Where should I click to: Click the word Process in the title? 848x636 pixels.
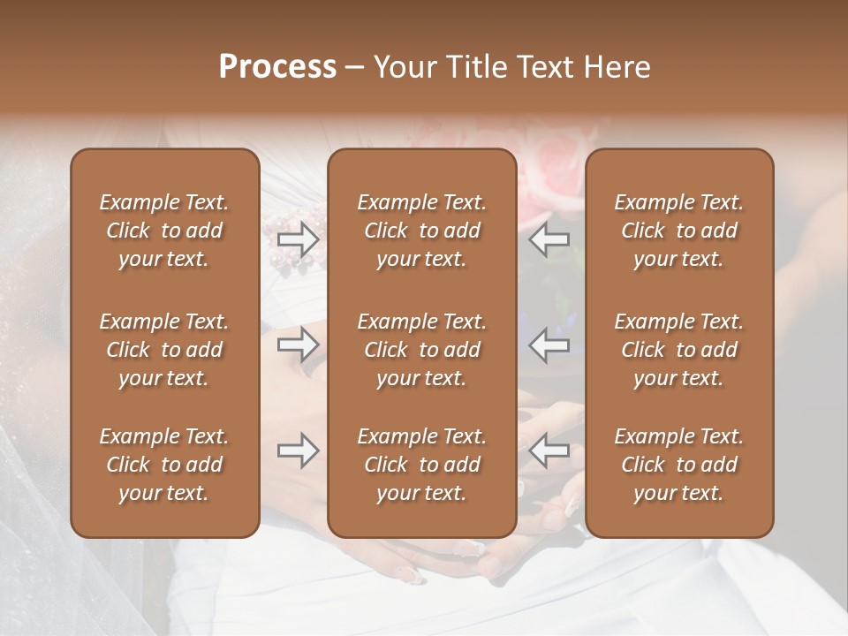coord(277,67)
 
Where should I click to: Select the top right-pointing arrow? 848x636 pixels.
coord(298,239)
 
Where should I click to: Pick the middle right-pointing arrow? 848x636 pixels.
coord(298,344)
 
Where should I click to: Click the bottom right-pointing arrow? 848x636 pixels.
coord(298,451)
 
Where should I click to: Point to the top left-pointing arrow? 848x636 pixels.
coord(549,239)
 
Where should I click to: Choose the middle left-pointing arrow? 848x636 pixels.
coord(549,344)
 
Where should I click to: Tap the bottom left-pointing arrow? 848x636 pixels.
coord(549,451)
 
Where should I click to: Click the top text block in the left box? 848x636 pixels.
coord(164,231)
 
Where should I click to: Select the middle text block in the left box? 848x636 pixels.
coord(164,350)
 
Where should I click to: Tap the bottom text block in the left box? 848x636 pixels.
coord(164,465)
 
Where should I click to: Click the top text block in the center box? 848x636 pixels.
coord(422,231)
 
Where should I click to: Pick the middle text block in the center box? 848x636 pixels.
coord(422,350)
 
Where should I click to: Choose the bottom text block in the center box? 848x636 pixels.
coord(422,465)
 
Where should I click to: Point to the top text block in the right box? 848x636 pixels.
coord(679,231)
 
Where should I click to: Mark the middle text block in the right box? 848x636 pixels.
coord(679,350)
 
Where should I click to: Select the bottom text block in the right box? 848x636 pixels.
coord(679,465)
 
